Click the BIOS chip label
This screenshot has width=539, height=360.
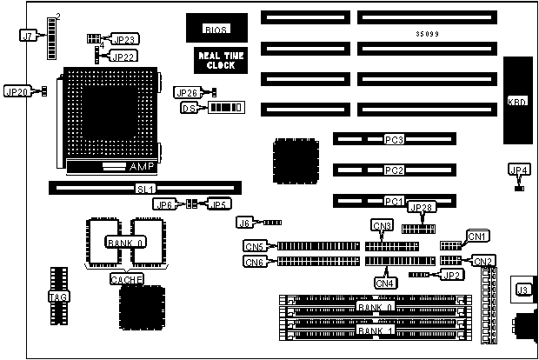(216, 30)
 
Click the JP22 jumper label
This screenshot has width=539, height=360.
(123, 57)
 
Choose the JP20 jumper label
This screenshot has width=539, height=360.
(18, 90)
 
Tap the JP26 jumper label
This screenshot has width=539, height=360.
(189, 93)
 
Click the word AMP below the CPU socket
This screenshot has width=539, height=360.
(140, 165)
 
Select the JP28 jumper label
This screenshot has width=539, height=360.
(420, 208)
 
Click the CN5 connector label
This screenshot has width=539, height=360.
(254, 246)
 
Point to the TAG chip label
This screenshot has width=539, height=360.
(55, 297)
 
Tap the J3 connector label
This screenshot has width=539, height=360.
(523, 290)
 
